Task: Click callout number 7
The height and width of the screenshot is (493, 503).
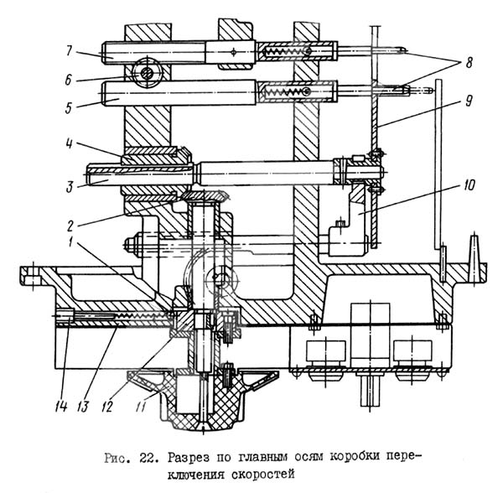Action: [x=70, y=50]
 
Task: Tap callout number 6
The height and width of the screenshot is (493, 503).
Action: [x=68, y=80]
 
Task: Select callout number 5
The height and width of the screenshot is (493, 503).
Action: [x=69, y=108]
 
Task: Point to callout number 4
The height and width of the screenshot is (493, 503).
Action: [x=70, y=143]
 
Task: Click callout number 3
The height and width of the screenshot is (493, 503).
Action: [x=70, y=187]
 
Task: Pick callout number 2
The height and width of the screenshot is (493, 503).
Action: [x=70, y=226]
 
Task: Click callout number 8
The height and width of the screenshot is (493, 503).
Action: [x=469, y=63]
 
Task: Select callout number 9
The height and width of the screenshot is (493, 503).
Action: [x=469, y=101]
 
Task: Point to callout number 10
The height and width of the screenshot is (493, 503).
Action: [x=469, y=185]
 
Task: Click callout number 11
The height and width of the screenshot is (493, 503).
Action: [x=141, y=407]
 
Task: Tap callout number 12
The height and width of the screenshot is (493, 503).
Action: [x=107, y=407]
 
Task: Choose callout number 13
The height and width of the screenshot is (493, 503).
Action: [x=83, y=407]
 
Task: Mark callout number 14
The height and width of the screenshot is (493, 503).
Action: [x=60, y=407]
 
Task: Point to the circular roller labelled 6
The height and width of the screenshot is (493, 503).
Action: [x=146, y=74]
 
